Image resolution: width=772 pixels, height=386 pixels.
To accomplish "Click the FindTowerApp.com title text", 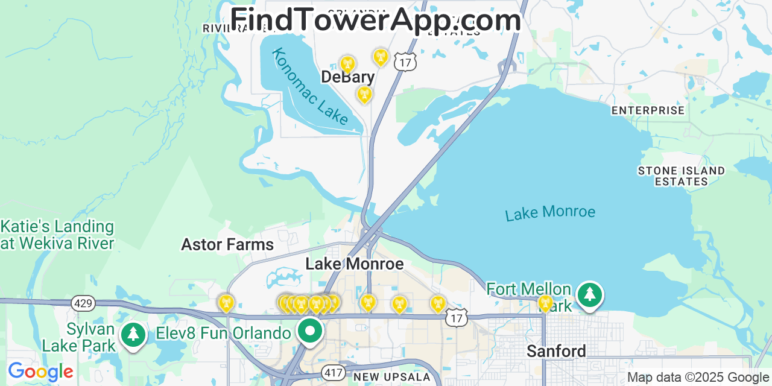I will (375, 20).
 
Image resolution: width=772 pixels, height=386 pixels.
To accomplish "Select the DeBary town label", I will (347, 77).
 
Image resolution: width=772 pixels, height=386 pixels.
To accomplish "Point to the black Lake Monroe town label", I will (354, 264).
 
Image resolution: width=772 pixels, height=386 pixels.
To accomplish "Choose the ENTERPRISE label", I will (648, 110).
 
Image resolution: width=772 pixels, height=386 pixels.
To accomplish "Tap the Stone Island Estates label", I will (681, 176).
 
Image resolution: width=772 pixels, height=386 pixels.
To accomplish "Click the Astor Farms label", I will (227, 244).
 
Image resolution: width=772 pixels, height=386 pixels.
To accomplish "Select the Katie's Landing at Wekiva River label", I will (57, 235).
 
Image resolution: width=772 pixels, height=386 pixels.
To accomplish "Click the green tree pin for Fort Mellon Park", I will (589, 296).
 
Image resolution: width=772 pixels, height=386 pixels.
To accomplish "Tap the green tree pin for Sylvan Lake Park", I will (133, 335).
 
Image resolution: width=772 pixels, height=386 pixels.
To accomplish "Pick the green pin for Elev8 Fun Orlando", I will (310, 331).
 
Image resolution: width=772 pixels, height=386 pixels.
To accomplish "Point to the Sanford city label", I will (555, 351).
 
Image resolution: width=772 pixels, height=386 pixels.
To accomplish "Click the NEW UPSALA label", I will (392, 378).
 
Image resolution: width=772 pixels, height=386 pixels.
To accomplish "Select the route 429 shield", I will (83, 303).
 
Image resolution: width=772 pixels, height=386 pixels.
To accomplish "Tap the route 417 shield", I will (333, 372).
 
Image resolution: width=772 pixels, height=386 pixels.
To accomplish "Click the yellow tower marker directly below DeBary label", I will (364, 94).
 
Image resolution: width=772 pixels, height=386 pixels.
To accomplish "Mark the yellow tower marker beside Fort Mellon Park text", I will (545, 303).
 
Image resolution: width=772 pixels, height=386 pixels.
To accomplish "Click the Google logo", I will (40, 372).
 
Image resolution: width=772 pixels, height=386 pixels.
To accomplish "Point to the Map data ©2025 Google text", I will (698, 378).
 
